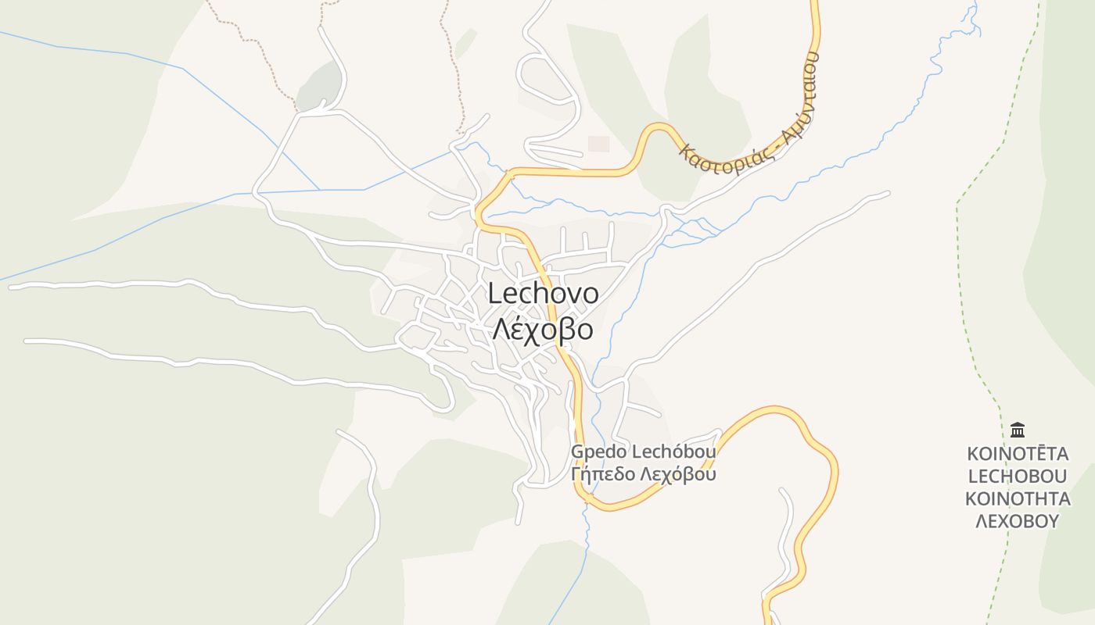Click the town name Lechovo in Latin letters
[544, 295]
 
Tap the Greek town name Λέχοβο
[542, 329]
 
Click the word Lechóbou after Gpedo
[673, 452]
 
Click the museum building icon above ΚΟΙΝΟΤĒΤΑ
[1018, 430]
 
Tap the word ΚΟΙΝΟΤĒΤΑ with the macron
[1018, 454]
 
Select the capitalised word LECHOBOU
[1018, 477]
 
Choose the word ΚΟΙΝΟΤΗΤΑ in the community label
[1018, 499]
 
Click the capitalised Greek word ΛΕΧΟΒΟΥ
[1018, 521]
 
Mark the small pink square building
[598, 144]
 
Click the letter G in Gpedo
[577, 452]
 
